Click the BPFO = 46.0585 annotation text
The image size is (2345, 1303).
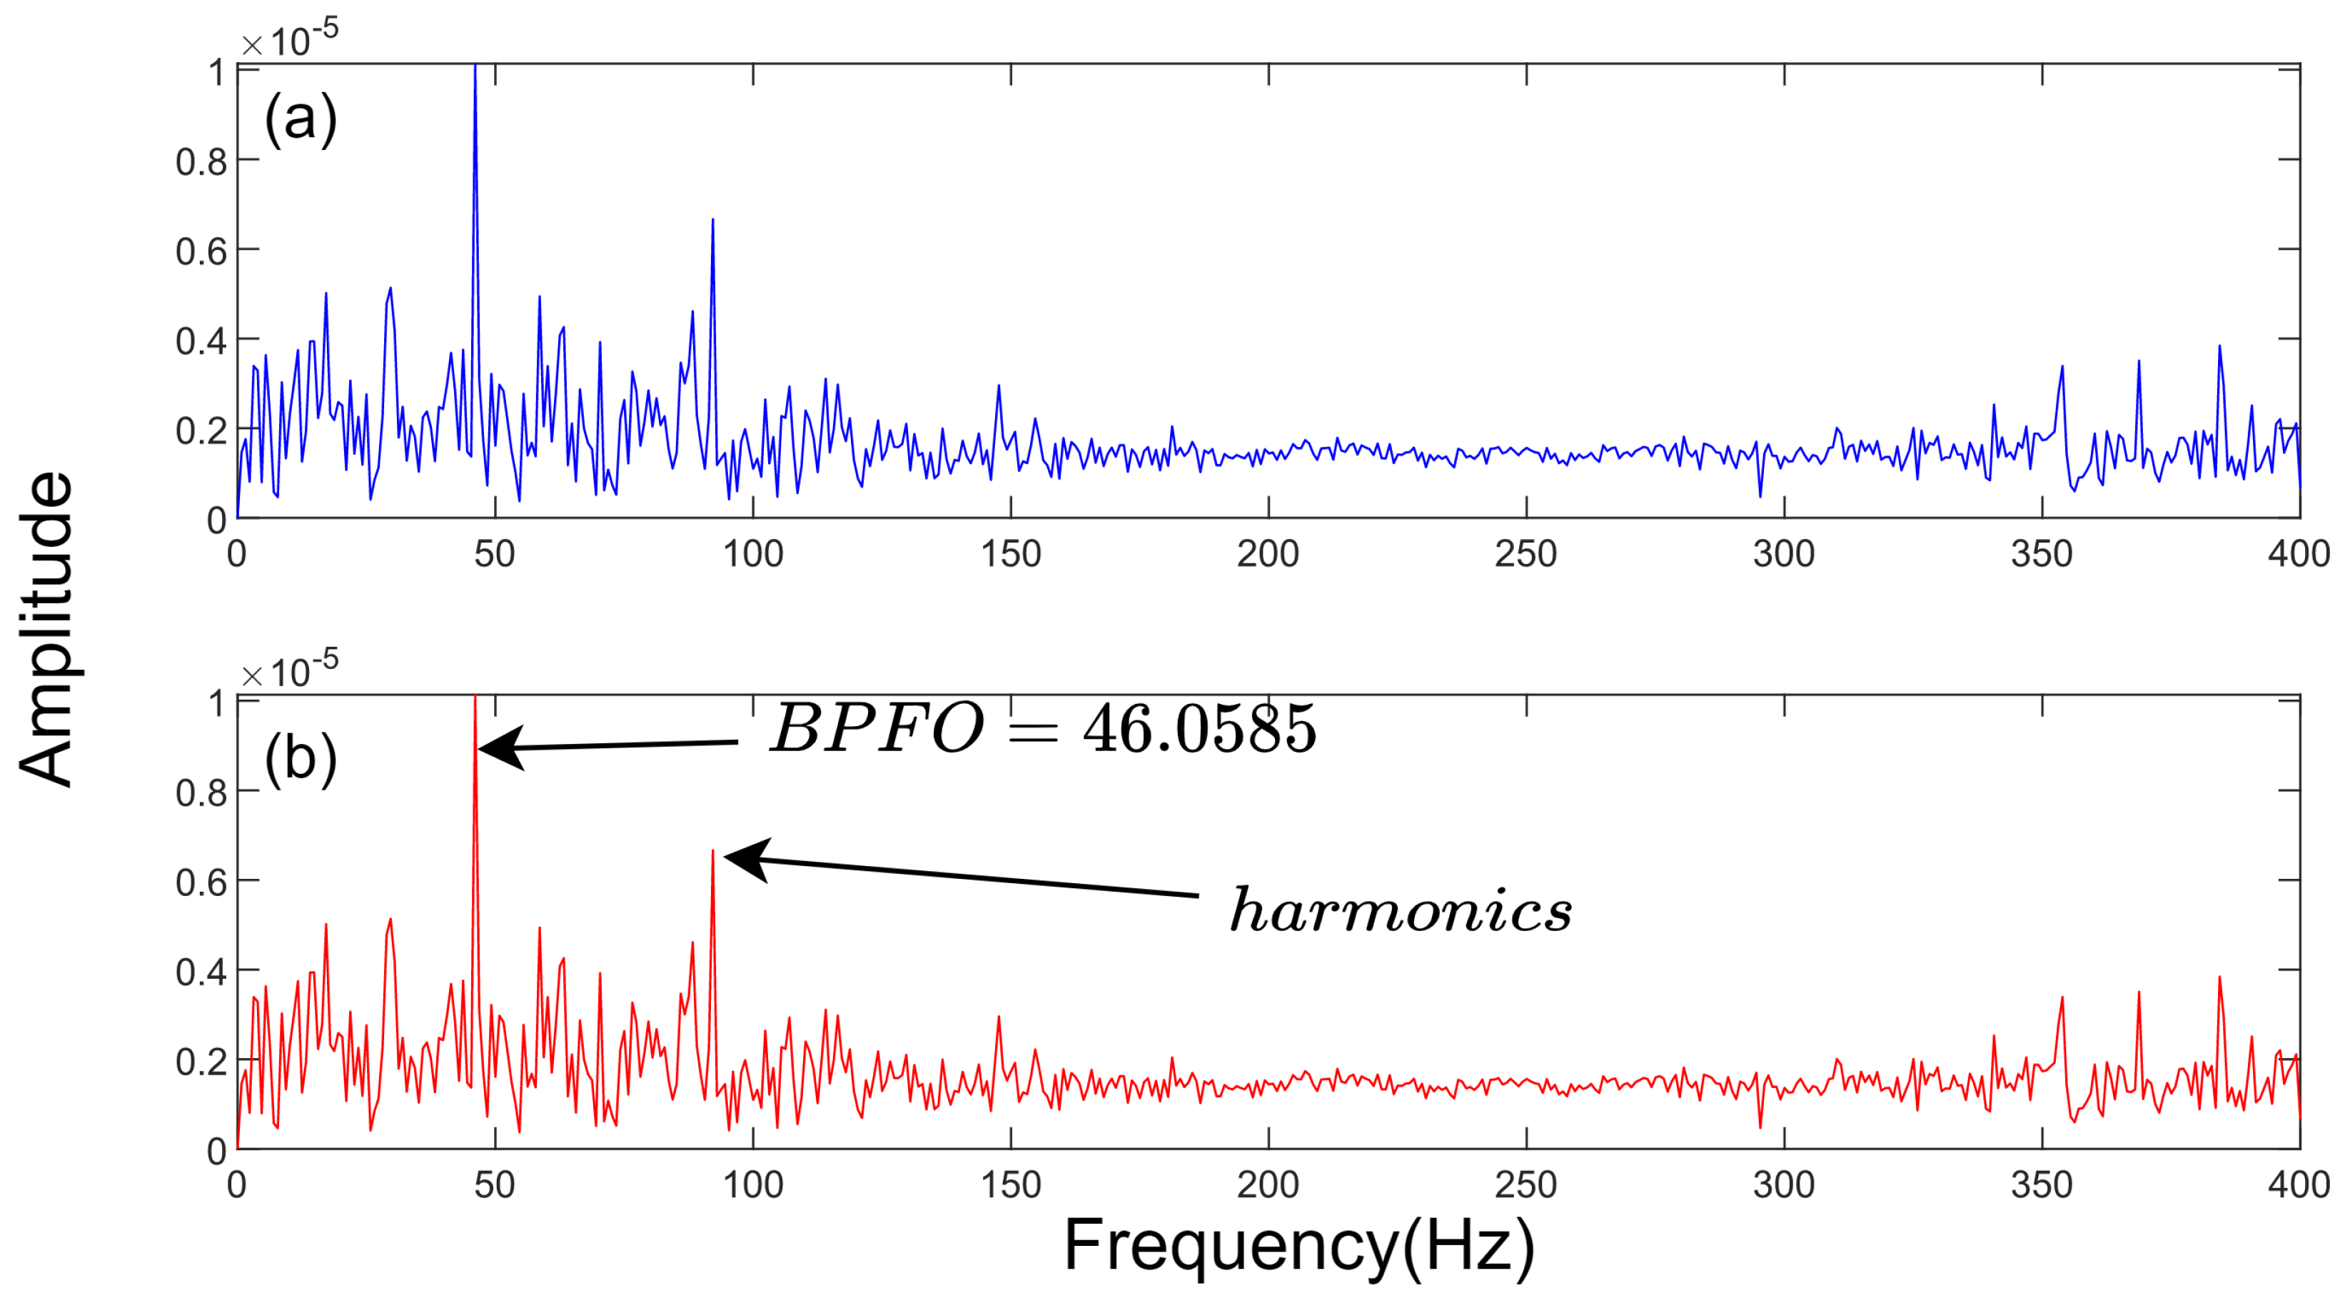tap(1042, 728)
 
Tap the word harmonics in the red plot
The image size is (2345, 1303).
tap(1400, 910)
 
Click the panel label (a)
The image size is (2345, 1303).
tap(301, 119)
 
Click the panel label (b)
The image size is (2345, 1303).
tap(301, 758)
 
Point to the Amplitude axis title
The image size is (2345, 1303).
tap(46, 628)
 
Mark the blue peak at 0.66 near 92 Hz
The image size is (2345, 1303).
tap(713, 221)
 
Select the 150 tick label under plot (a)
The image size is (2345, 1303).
tap(1011, 553)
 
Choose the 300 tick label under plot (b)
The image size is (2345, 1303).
tap(1783, 1184)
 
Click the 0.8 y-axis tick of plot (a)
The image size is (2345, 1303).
tap(201, 162)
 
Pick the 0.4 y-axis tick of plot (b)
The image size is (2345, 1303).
tap(201, 972)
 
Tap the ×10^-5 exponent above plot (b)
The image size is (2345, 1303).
tap(290, 672)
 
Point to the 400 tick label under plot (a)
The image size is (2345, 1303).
tap(2298, 553)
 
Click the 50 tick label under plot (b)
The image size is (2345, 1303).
tap(494, 1184)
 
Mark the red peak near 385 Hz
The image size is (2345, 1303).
tap(2219, 979)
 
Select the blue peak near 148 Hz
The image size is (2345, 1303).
tap(999, 386)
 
